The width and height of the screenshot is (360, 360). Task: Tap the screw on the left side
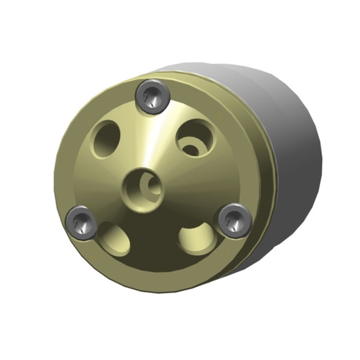(82, 223)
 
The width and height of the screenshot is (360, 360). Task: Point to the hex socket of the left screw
(82, 224)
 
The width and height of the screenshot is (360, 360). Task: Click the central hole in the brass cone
(143, 186)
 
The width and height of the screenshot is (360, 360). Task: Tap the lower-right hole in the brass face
(194, 238)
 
